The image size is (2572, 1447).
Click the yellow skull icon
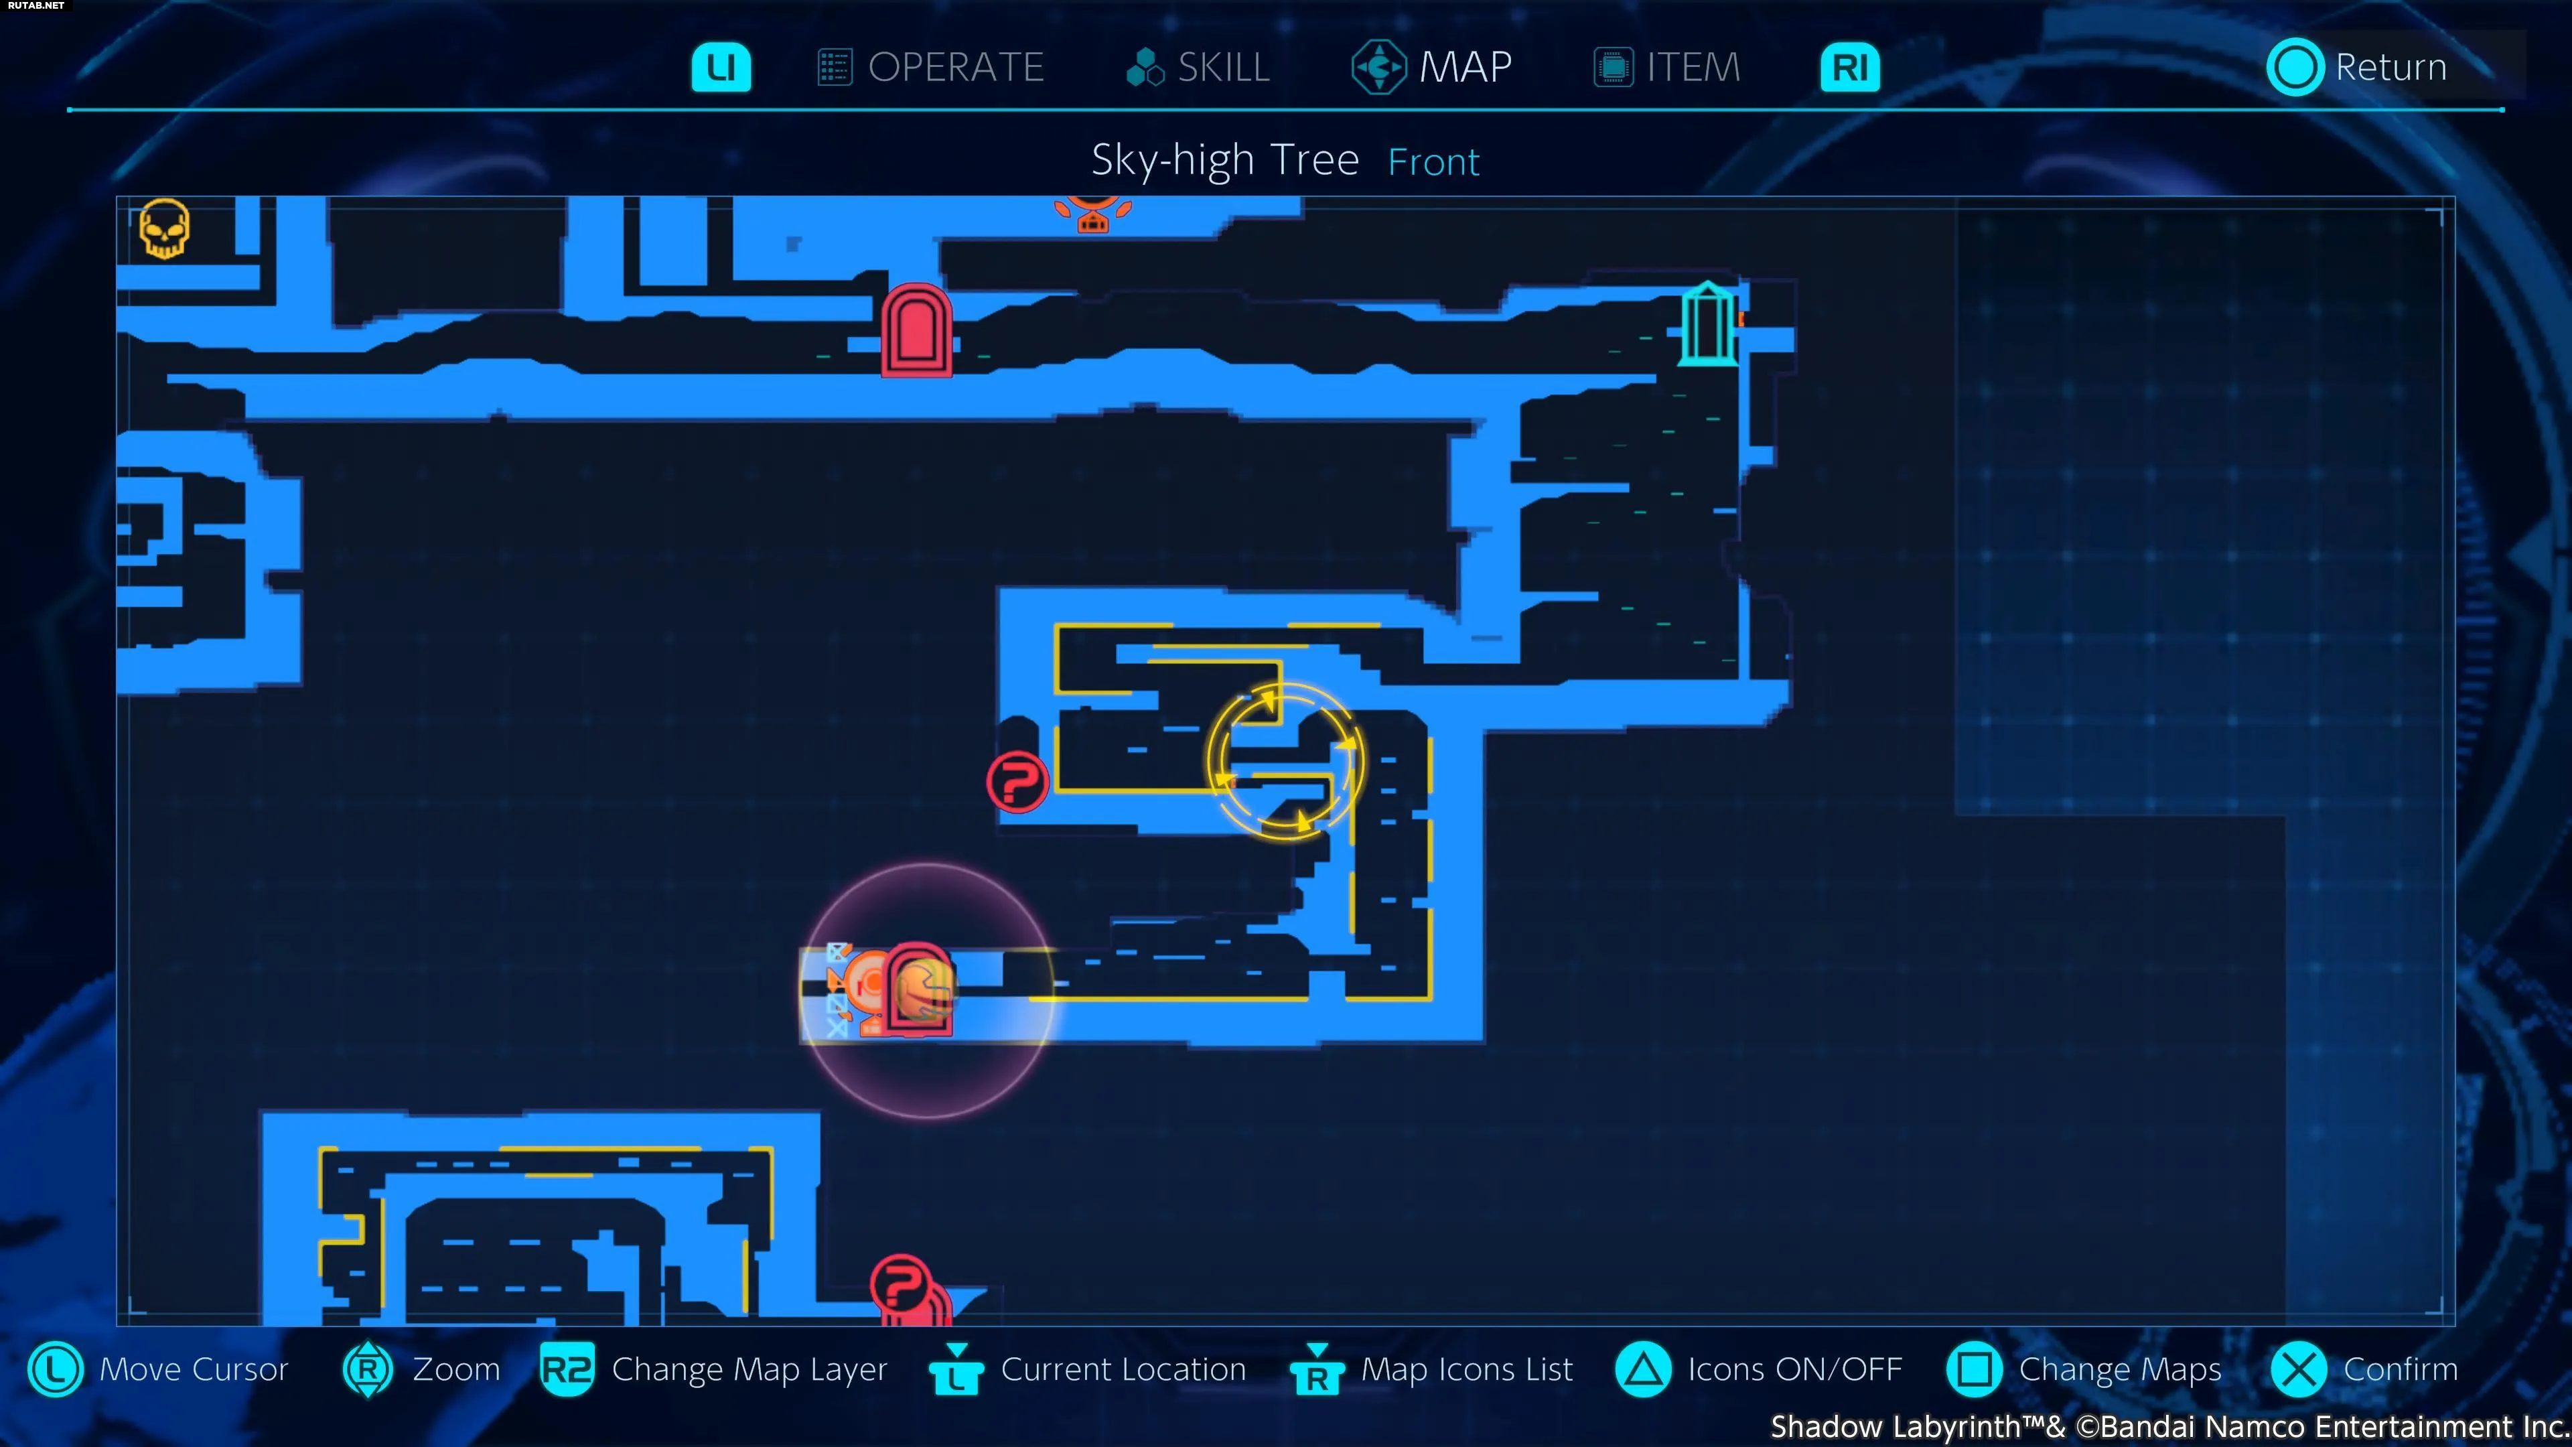pos(163,228)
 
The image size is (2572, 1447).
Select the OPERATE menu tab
pos(930,67)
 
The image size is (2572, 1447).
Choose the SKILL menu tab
pos(1197,67)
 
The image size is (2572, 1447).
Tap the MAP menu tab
pos(1432,67)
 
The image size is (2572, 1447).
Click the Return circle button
pos(2295,67)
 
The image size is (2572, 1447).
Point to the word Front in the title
pos(1433,161)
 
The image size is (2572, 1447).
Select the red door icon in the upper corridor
pos(916,330)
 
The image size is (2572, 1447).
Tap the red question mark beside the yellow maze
pos(1017,781)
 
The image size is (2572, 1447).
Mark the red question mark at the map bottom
pos(901,1284)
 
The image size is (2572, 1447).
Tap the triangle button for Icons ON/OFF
pos(1642,1369)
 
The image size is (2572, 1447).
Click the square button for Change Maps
pos(1974,1369)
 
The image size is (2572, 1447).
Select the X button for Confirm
pos(2299,1369)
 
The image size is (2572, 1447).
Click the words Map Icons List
pos(1467,1369)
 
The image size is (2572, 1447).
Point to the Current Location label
pos(1123,1369)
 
